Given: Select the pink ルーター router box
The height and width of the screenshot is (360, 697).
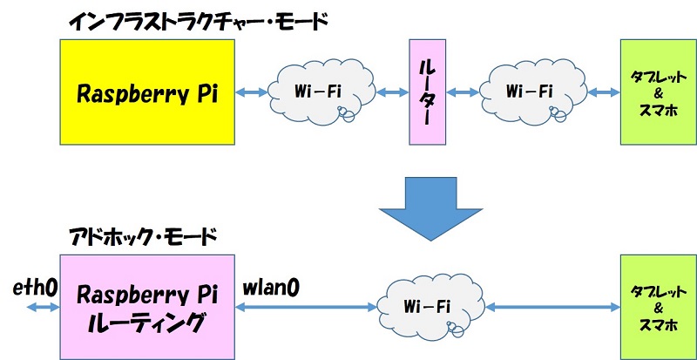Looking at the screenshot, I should pyautogui.click(x=428, y=91).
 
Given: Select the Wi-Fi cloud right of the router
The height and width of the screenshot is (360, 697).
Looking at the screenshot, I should pyautogui.click(x=529, y=91).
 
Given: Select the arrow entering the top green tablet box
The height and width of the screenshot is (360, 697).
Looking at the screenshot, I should pyautogui.click(x=599, y=91).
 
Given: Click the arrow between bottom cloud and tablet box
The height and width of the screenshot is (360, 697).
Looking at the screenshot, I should pyautogui.click(x=553, y=307).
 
